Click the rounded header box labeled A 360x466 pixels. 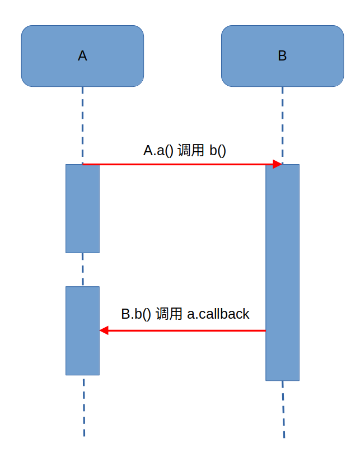[82, 56]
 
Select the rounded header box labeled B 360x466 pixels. [282, 56]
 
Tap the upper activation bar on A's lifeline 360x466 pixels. [82, 208]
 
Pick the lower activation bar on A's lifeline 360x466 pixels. [82, 330]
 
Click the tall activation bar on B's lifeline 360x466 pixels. [282, 272]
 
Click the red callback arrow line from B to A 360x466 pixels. [185, 330]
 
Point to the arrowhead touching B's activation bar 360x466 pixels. [277, 164]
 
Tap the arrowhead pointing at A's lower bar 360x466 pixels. [104, 330]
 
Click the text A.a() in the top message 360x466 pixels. [158, 150]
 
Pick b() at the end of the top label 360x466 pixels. [218, 150]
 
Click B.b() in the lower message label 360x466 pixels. [136, 314]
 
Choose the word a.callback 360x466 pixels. [218, 314]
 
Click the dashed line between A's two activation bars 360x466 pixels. [82, 269]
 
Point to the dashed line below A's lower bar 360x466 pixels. [83, 406]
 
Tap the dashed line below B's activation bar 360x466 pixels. [283, 409]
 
